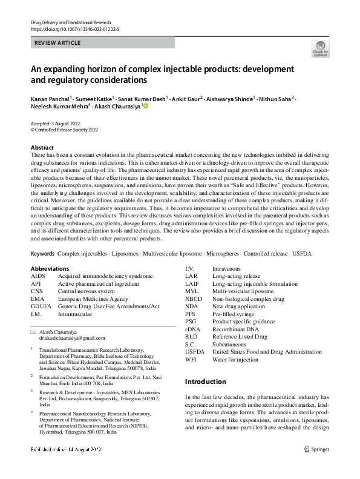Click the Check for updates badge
[320, 48]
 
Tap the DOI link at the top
[74, 28]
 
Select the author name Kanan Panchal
[50, 99]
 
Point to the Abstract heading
[42, 148]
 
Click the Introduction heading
[205, 382]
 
